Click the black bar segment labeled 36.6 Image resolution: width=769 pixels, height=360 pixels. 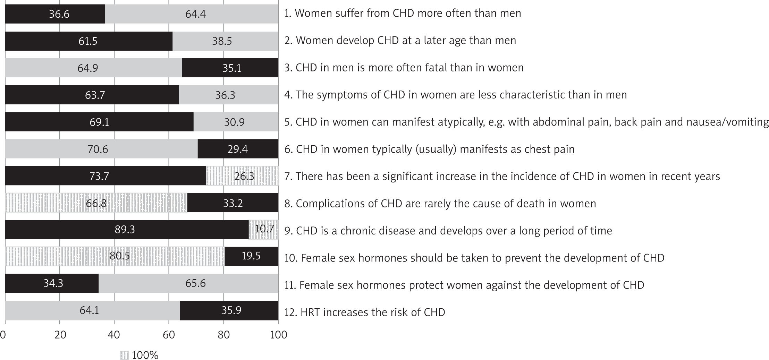coord(55,14)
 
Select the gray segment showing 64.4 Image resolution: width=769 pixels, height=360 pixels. coord(192,14)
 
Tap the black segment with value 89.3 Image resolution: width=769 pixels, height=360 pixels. coord(127,230)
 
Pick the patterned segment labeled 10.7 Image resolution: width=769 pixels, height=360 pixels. coord(263,230)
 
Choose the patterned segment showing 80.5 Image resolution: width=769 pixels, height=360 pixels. coord(115,256)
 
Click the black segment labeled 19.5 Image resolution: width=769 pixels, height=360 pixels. coord(251,256)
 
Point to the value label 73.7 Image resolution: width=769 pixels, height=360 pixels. coord(99,176)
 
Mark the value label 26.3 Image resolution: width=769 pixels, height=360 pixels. coord(244,176)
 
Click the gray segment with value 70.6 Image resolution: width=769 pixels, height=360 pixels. coord(101,149)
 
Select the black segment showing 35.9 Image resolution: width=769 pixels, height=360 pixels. coord(229,310)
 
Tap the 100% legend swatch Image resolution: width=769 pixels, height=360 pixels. coord(124,355)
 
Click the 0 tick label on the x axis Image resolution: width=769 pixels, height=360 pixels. coord(3,335)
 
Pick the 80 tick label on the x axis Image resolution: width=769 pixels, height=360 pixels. coord(224,335)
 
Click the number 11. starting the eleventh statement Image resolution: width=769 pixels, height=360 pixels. coord(290,285)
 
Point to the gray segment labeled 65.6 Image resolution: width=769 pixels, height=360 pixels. coord(188,283)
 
